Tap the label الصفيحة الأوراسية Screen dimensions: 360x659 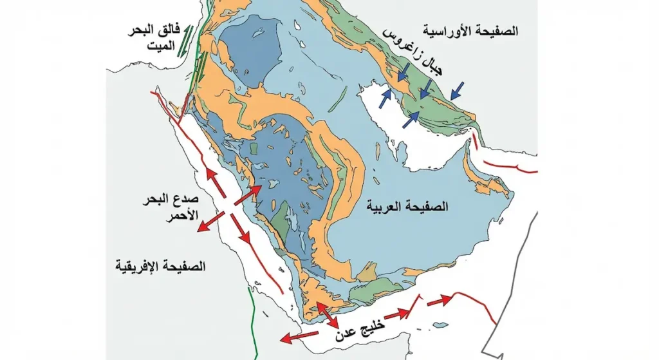coord(472,31)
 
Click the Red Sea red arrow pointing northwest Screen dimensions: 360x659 coord(215,182)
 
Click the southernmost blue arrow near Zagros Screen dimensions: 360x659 coord(411,119)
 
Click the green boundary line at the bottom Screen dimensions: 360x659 coord(253,322)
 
